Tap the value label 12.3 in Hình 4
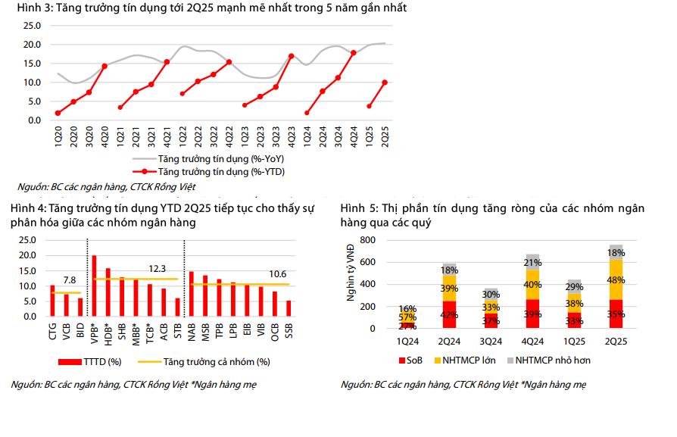click(158, 269)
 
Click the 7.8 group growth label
click(68, 281)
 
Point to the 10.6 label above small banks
click(278, 273)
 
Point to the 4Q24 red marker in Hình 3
click(354, 53)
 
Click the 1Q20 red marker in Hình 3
click(58, 113)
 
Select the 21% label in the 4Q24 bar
click(532, 262)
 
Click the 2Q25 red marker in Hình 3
click(385, 83)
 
